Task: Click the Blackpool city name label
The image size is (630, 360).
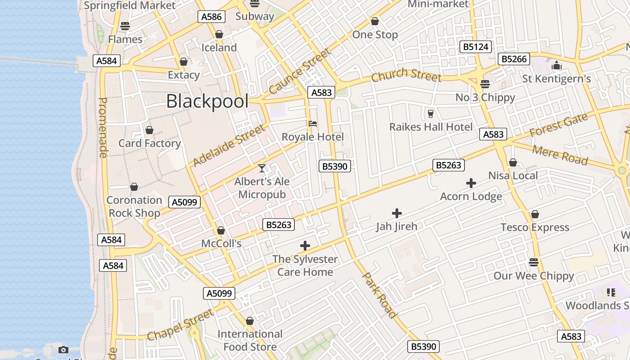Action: (207, 101)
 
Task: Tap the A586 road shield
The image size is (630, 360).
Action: (211, 17)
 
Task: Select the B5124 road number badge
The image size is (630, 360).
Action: (476, 47)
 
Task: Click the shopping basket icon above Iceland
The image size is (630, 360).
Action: (219, 34)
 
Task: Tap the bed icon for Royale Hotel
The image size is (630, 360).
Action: (313, 123)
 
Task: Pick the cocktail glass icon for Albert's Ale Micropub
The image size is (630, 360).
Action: (262, 168)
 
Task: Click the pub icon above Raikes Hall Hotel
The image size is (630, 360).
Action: (431, 113)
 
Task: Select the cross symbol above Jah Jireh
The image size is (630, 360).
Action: (396, 213)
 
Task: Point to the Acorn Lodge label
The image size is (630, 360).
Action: (471, 197)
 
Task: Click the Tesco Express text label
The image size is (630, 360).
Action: (535, 227)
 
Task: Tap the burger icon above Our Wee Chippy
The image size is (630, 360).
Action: (534, 262)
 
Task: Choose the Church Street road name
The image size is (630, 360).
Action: (406, 75)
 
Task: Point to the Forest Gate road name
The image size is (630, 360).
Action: (558, 125)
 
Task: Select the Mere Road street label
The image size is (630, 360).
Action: (560, 155)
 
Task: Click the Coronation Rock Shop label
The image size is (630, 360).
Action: (134, 207)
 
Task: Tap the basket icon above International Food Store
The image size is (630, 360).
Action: (250, 321)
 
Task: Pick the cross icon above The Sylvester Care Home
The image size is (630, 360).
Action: (305, 246)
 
